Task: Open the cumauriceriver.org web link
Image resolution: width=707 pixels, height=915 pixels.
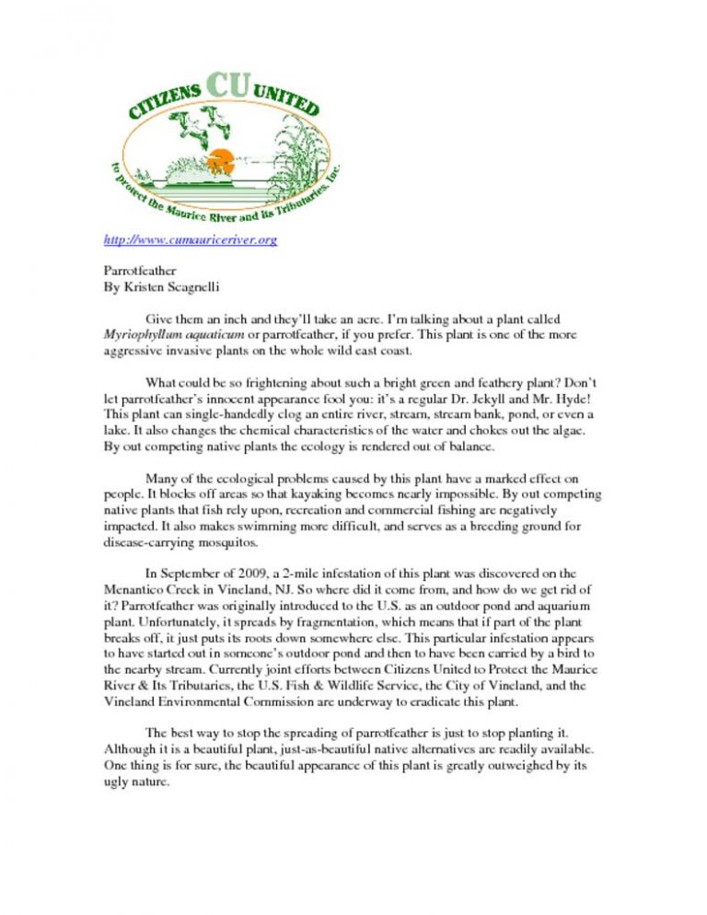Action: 188,241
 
